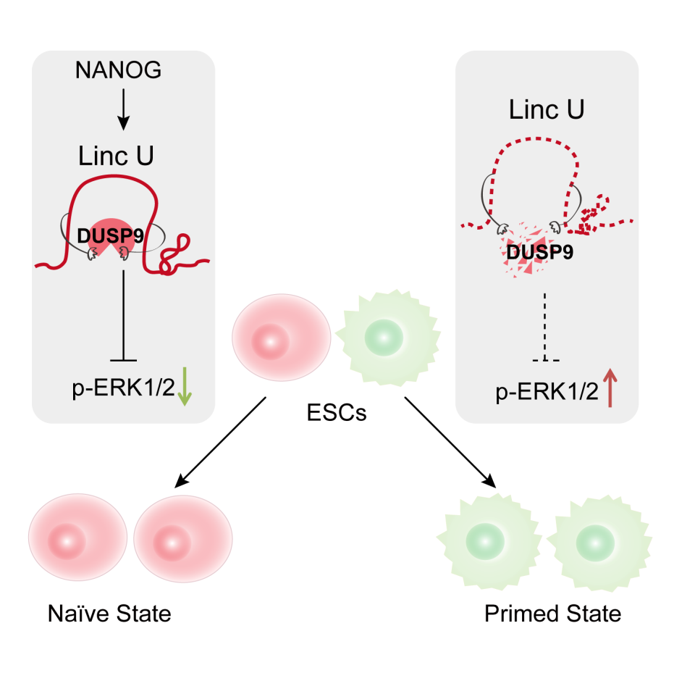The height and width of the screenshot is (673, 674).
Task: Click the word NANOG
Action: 118,70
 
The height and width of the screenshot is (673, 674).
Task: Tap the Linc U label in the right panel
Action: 547,110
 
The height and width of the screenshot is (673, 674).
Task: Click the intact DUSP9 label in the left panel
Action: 107,234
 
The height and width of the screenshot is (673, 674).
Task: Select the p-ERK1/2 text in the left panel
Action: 123,388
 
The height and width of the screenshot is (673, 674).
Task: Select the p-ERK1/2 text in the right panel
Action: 547,392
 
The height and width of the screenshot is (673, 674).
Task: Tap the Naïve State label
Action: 109,614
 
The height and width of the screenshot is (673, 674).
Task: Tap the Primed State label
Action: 552,614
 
